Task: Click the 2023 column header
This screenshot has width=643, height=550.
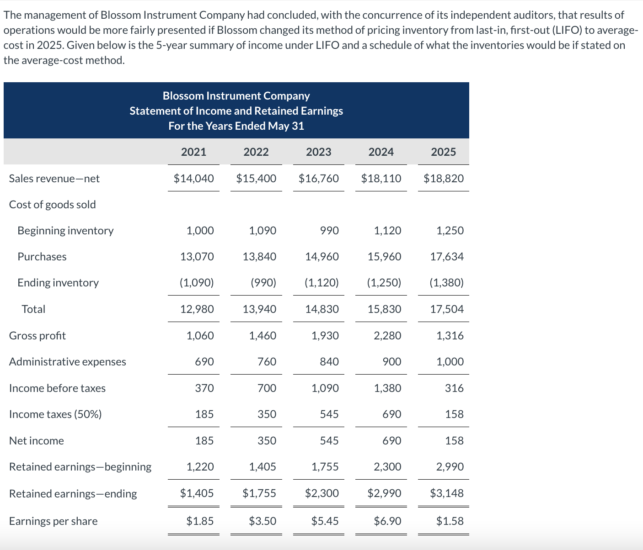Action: click(318, 152)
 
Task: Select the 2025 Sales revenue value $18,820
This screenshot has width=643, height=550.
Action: click(443, 179)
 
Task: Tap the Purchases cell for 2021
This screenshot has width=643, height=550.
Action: click(197, 257)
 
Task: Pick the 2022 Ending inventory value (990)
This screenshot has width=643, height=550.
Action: click(263, 283)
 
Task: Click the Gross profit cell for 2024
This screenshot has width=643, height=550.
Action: click(387, 336)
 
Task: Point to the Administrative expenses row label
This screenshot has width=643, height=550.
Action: click(68, 362)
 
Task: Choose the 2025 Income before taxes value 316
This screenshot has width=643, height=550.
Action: click(454, 388)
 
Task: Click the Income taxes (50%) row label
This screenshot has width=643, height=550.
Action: click(55, 414)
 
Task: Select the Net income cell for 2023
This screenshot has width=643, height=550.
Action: click(329, 441)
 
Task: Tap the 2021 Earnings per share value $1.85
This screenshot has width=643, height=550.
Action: click(200, 521)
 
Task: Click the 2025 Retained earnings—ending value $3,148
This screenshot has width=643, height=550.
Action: click(447, 493)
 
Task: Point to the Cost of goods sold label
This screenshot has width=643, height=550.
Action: click(53, 205)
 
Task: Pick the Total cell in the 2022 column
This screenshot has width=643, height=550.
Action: click(259, 309)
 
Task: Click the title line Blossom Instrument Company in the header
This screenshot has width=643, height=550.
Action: click(236, 96)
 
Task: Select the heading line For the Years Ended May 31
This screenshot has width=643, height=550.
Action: click(236, 126)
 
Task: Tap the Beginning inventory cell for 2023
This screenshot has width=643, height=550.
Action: click(329, 231)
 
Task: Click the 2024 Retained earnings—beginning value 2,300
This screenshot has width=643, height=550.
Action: click(387, 467)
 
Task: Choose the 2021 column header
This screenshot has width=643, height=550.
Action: click(193, 152)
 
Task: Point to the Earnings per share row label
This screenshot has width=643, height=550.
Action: click(53, 521)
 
